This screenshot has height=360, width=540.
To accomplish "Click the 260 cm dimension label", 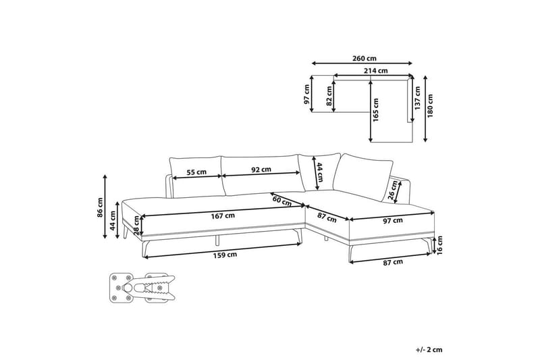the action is click(364, 58).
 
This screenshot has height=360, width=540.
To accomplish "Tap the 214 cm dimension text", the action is click(376, 71).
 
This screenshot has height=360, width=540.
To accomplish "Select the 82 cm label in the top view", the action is click(329, 96).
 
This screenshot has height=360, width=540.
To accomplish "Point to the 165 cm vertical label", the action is click(375, 110).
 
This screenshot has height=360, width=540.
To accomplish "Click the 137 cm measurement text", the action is click(417, 98).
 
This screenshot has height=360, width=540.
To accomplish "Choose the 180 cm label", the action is click(430, 106).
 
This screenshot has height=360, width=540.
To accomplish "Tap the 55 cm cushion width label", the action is click(196, 172).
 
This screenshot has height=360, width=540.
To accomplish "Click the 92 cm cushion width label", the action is click(261, 170).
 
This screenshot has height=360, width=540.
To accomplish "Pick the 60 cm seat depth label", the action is click(282, 201).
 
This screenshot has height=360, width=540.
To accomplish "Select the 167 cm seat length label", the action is click(223, 216).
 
